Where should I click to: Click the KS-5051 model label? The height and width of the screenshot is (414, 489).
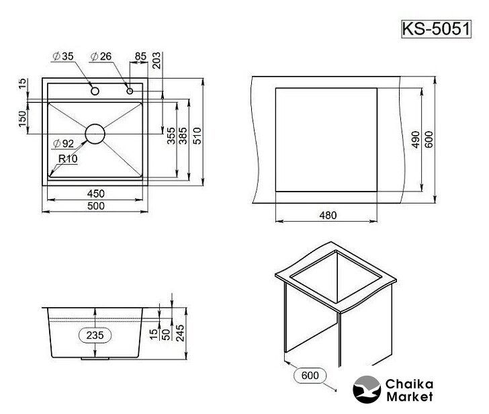436,29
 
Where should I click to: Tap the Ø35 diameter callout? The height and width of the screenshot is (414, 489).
63,56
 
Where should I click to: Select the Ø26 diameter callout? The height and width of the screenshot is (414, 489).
101,56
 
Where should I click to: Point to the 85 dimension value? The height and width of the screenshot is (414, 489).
140,56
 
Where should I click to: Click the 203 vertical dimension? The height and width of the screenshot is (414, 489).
156,60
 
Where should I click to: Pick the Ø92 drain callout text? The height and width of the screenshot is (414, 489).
63,144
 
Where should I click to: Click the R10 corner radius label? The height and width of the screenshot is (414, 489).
68,159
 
